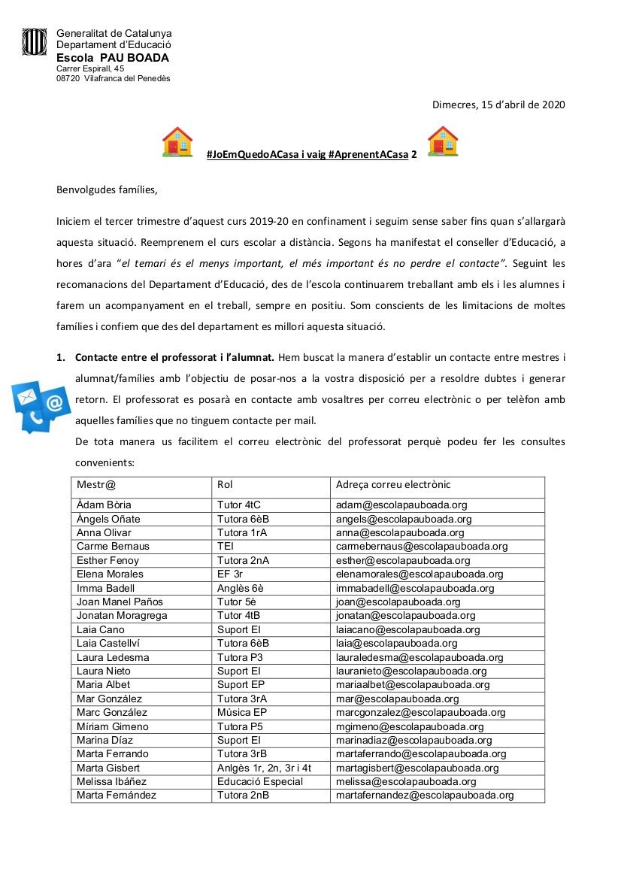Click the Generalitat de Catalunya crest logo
coord(35,42)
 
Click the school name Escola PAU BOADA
coord(113,58)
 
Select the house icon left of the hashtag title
coord(177,141)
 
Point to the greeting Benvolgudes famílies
coord(108,189)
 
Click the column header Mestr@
coord(96,485)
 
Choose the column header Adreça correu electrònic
coord(393,485)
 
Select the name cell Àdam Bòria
coord(104,505)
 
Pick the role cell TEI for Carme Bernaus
coord(226,547)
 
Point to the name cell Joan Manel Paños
coord(120,602)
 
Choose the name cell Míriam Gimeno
coord(113,726)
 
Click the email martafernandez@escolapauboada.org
coord(425,796)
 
